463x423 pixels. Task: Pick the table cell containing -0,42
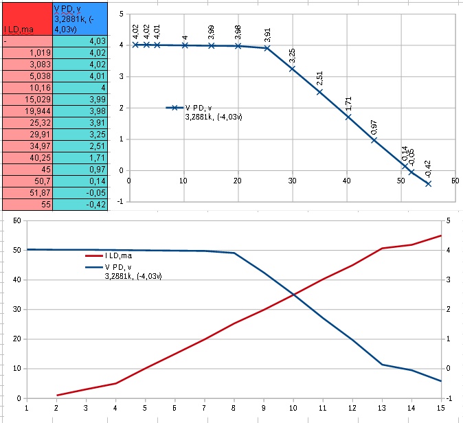80,204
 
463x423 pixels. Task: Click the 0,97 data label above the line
374,126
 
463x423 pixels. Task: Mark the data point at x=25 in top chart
267,48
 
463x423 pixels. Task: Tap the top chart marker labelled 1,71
348,117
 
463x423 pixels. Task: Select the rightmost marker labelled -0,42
428,183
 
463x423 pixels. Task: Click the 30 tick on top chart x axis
291,181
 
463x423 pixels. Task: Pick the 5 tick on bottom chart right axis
449,220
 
